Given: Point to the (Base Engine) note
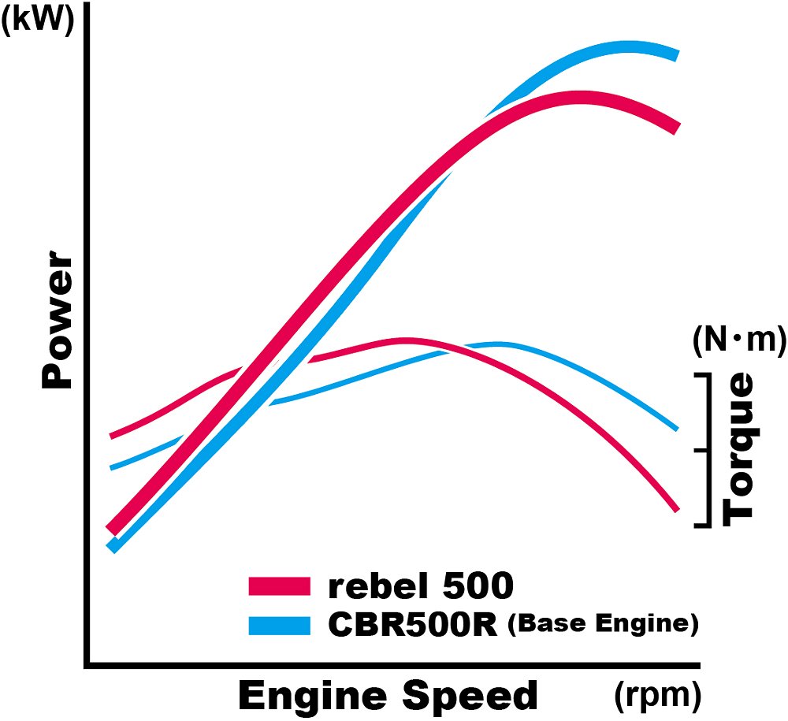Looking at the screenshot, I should pyautogui.click(x=603, y=624).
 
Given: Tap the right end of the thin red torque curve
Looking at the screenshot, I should pyautogui.click(x=676, y=509).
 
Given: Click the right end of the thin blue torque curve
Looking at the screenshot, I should pyautogui.click(x=676, y=428).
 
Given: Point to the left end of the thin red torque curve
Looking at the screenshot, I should pyautogui.click(x=112, y=435).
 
